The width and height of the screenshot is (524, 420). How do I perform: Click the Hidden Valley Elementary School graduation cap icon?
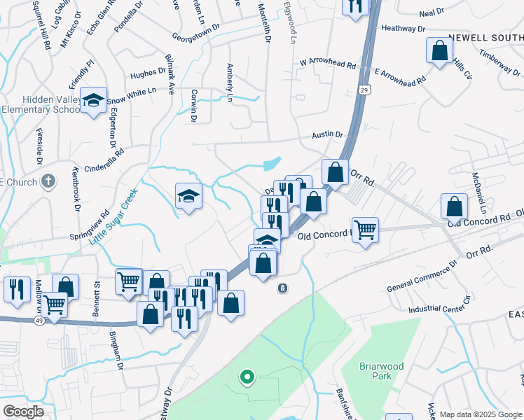click(92, 101)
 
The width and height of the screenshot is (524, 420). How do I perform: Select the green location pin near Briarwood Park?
click(247, 378)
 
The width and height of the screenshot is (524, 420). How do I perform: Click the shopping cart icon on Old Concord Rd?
click(365, 229)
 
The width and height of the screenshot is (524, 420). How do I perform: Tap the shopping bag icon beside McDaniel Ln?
click(455, 206)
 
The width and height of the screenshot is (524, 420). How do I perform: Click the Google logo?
click(23, 412)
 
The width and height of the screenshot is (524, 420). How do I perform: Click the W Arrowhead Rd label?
click(328, 64)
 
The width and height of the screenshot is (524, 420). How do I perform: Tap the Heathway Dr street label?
click(404, 29)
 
